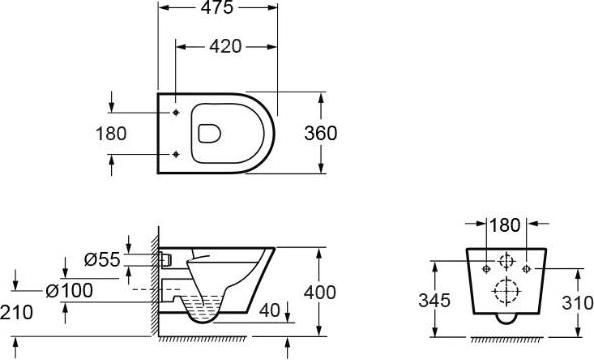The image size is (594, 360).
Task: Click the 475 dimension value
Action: [x=217, y=7]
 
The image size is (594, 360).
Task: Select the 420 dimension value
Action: [x=226, y=47]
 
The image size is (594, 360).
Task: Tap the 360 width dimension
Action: [x=320, y=133]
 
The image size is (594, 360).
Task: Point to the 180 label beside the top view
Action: [x=111, y=134]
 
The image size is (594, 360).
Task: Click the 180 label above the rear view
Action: [x=505, y=225]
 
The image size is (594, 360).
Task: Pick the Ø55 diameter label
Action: [x=102, y=260]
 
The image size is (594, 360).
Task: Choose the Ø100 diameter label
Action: [x=69, y=291]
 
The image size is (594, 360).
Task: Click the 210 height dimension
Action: [x=16, y=313]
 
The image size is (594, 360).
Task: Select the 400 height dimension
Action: [x=320, y=292]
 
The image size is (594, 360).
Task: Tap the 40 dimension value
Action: [x=270, y=310]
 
